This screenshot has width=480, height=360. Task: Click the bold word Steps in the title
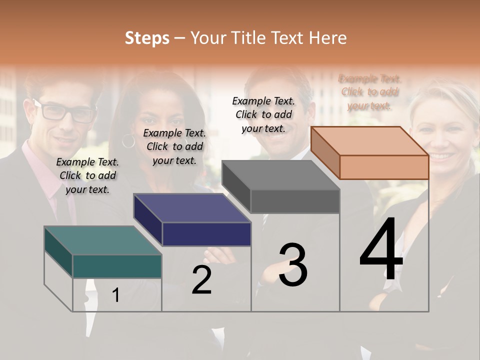click(x=147, y=38)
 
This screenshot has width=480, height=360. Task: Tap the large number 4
click(x=381, y=250)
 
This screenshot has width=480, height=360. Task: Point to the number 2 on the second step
click(x=201, y=280)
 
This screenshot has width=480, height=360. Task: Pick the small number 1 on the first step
click(x=116, y=295)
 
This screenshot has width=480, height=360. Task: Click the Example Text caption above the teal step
click(x=87, y=175)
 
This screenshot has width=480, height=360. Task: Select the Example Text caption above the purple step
click(x=174, y=146)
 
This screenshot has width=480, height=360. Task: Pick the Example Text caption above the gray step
click(x=263, y=114)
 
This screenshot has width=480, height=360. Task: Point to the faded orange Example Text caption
click(x=369, y=92)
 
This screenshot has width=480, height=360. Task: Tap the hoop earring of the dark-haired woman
click(x=128, y=141)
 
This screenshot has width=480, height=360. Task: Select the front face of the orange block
click(x=384, y=167)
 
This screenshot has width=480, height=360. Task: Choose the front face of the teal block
click(x=117, y=266)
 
